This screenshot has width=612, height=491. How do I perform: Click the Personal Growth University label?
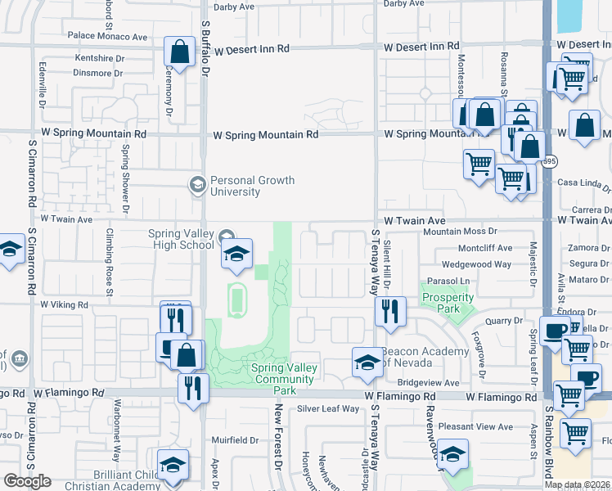[x=252, y=186]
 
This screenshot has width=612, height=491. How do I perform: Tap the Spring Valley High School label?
[x=181, y=239]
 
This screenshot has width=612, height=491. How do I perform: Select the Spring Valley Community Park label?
[x=284, y=379]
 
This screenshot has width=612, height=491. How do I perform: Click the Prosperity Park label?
[x=448, y=302]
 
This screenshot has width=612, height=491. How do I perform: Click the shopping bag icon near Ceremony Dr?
[x=178, y=52]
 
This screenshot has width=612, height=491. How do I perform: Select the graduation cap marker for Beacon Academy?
[x=367, y=362]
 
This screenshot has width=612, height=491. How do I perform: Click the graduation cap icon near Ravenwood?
[x=452, y=456]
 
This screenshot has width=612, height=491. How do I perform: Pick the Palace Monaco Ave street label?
[x=107, y=37]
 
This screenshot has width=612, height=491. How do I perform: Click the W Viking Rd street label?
[x=64, y=304]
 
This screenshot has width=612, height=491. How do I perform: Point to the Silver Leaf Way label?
[x=328, y=408]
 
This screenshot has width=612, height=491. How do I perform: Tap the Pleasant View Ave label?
[x=475, y=426]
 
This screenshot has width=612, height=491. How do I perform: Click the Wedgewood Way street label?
[x=476, y=264]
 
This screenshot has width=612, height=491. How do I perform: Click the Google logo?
[x=27, y=481]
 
